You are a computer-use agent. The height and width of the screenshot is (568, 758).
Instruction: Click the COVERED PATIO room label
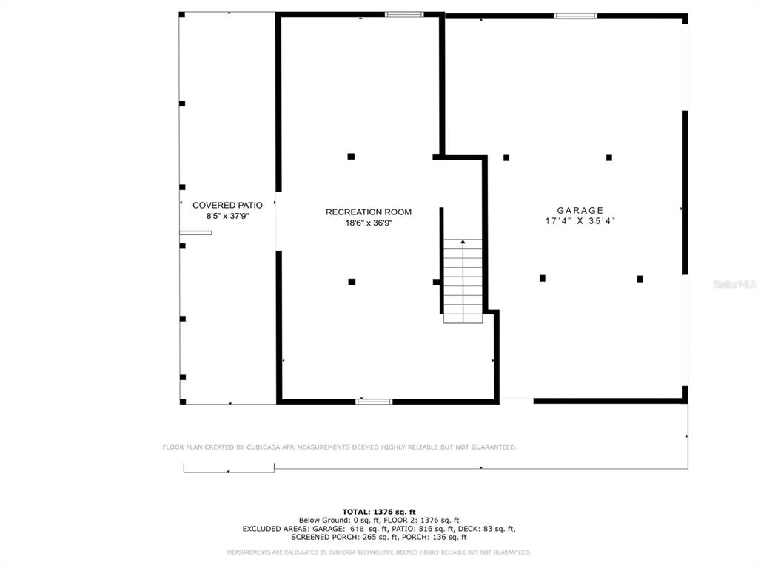pos(227,205)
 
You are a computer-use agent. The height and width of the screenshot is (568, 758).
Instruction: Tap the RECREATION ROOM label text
pos(368,212)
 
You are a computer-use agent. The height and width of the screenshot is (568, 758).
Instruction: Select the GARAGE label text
pos(580,211)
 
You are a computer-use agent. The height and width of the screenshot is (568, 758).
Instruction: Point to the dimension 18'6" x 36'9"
pos(368,223)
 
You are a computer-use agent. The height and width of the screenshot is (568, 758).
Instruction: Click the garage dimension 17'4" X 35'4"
pos(580,221)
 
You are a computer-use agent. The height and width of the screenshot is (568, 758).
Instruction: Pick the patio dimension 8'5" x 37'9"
pos(227,216)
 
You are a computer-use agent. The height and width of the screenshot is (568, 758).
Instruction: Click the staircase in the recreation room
pos(463,281)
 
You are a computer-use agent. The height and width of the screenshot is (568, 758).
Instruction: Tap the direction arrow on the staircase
pos(463,243)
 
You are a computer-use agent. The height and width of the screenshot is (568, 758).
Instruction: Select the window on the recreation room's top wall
pos(404,14)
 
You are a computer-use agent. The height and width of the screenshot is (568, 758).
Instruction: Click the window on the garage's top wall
pos(576,16)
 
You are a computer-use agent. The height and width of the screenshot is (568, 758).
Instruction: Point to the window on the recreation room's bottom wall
pos(374,402)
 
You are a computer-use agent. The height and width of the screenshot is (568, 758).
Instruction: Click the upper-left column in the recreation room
pos(351,157)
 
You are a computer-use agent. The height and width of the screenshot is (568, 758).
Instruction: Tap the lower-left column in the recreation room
pos(352,282)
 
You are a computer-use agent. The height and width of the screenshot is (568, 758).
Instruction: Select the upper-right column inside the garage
pos(609,158)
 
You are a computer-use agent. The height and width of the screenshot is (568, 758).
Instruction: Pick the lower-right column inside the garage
pos(640,279)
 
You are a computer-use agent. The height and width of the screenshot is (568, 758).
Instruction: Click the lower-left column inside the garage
pos(543,278)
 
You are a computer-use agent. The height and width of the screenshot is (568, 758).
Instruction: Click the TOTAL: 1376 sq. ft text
pos(378,512)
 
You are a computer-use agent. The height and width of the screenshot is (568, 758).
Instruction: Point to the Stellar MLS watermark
pos(734,284)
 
